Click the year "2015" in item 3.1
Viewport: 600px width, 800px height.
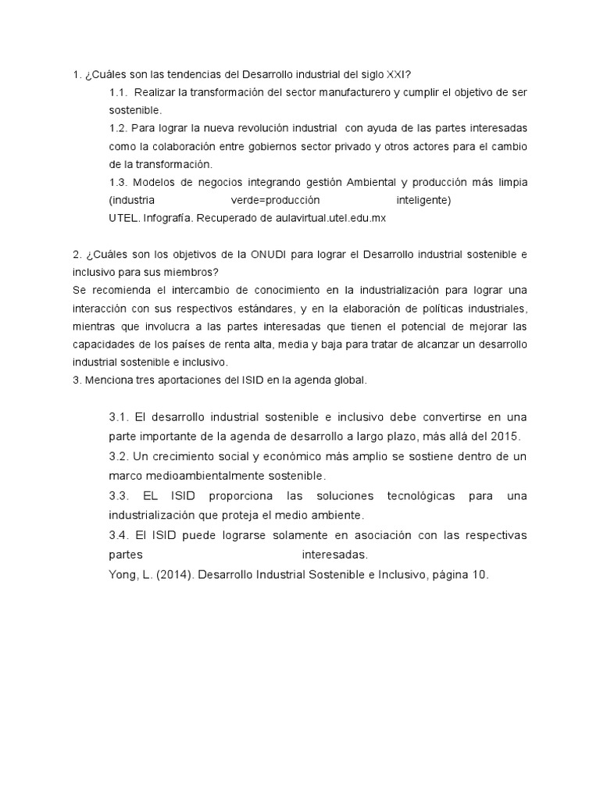click(x=504, y=436)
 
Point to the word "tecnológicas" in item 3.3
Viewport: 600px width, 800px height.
click(x=420, y=496)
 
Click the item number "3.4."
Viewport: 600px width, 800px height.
click(x=120, y=535)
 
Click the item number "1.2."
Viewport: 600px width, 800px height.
click(x=120, y=128)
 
